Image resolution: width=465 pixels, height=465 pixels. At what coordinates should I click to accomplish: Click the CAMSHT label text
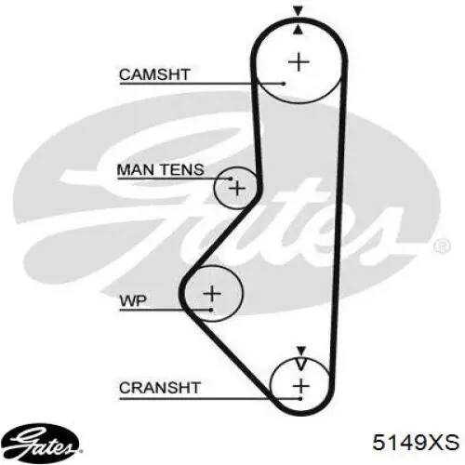coord(154,74)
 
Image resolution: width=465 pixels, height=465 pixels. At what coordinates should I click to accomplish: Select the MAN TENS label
coord(161,169)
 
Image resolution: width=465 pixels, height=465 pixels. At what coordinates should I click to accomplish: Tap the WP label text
coord(133,300)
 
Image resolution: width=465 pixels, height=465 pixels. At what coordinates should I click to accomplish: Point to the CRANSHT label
coord(160,388)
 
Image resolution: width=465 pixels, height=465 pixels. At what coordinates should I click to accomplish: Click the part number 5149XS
coord(416,442)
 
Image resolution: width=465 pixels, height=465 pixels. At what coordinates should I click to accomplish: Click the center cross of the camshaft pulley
coord(299,62)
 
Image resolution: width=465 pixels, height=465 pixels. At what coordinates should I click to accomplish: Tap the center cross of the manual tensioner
coord(237,188)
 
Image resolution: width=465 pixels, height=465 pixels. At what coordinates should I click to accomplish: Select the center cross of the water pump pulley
coord(212,293)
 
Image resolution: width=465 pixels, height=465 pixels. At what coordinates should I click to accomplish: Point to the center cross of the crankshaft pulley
coord(301,387)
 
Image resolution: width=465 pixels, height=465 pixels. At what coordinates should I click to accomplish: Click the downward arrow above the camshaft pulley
coord(298,11)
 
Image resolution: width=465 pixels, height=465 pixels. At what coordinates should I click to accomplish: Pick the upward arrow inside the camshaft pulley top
coord(298,30)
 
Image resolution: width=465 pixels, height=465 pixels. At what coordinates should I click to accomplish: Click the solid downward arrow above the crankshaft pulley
coord(301,351)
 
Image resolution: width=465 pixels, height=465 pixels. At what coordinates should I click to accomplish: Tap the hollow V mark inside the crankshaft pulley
coord(301,365)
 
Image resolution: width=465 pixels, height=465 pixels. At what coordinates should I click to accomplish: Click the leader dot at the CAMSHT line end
coord(284,84)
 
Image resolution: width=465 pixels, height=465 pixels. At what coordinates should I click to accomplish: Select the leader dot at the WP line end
coord(211,310)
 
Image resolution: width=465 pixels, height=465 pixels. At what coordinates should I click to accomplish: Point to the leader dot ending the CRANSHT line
coord(300,399)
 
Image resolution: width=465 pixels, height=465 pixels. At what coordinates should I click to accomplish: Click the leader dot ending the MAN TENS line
coord(231,179)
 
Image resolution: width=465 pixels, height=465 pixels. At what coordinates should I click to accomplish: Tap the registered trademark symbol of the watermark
coord(441,246)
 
